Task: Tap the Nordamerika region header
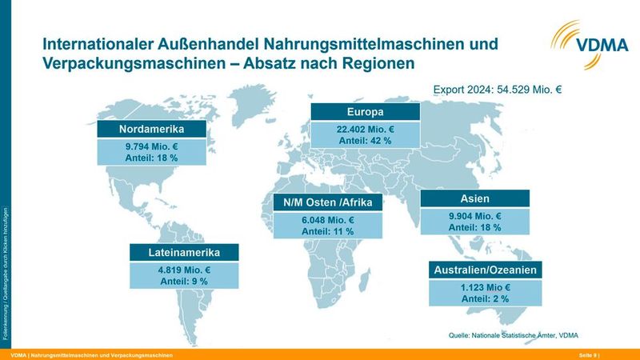tap(152, 130)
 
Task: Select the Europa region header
tap(366, 111)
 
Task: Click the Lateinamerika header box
tap(184, 253)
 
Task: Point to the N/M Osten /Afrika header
tap(328, 202)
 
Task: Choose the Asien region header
tap(474, 198)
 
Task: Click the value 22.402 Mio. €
tap(366, 128)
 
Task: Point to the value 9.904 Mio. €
tap(474, 216)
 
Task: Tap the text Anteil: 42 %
tap(366, 140)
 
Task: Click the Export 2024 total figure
tap(497, 90)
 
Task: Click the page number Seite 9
tap(588, 354)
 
